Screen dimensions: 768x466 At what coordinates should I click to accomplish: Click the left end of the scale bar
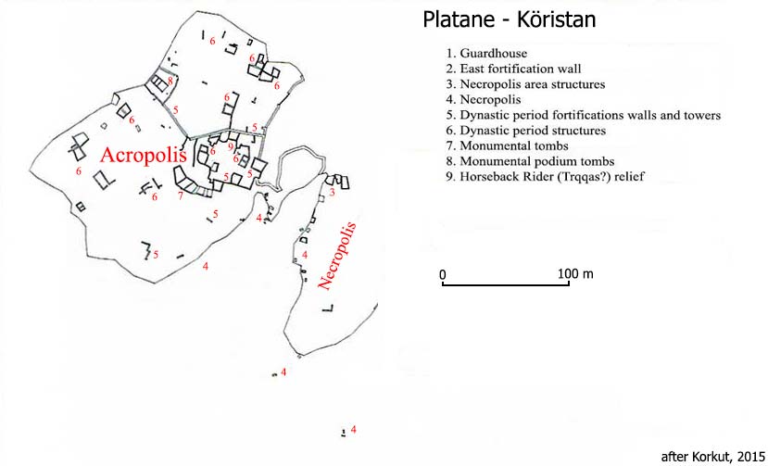tap(443, 284)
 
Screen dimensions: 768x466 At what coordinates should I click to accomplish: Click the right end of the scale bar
tap(569, 284)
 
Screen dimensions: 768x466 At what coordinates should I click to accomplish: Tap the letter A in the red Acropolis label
tap(107, 155)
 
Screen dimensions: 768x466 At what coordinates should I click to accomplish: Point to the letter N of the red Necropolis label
tap(324, 283)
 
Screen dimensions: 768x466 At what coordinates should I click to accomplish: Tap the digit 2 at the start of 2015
tap(741, 457)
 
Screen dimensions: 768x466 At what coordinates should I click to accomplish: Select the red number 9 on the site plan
tap(231, 146)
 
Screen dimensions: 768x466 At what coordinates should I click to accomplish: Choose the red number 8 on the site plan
tap(170, 81)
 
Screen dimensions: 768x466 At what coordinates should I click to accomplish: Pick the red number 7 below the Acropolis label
tap(181, 196)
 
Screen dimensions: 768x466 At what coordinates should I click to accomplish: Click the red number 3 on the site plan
tap(332, 193)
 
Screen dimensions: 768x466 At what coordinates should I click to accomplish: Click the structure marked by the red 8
tap(159, 83)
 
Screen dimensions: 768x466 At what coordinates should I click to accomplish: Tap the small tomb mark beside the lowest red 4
tap(344, 433)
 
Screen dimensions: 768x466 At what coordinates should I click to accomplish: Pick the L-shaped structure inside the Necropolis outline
tap(328, 309)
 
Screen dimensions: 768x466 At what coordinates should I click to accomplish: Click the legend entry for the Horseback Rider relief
tap(545, 176)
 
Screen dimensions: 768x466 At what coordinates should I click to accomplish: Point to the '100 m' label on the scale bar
tap(575, 273)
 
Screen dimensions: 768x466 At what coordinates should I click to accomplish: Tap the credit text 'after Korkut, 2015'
tap(712, 457)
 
